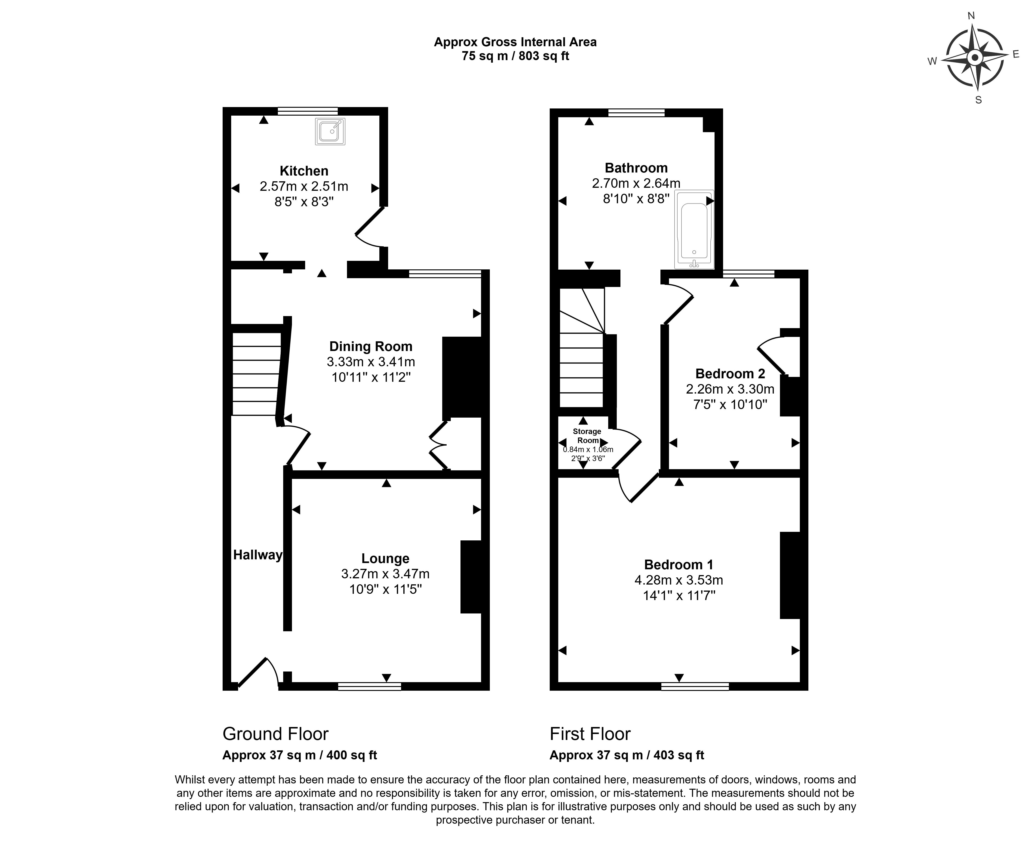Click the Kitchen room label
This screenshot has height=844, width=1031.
pyautogui.click(x=304, y=171)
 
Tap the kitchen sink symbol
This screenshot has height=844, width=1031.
pyautogui.click(x=330, y=131)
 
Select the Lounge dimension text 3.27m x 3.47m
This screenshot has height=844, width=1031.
pyautogui.click(x=385, y=574)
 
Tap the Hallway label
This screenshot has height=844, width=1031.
pyautogui.click(x=258, y=555)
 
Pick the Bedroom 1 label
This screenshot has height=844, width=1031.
pyautogui.click(x=678, y=565)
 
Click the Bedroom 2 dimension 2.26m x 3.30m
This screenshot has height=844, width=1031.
pyautogui.click(x=730, y=389)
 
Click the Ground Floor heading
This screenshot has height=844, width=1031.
pyautogui.click(x=275, y=734)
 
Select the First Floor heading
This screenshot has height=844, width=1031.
pyautogui.click(x=590, y=734)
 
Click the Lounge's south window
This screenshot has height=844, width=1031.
pyautogui.click(x=369, y=687)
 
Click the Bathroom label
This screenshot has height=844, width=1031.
pyautogui.click(x=636, y=168)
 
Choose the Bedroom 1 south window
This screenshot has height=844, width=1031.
pyautogui.click(x=695, y=687)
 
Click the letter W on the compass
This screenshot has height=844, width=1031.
pyautogui.click(x=932, y=61)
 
